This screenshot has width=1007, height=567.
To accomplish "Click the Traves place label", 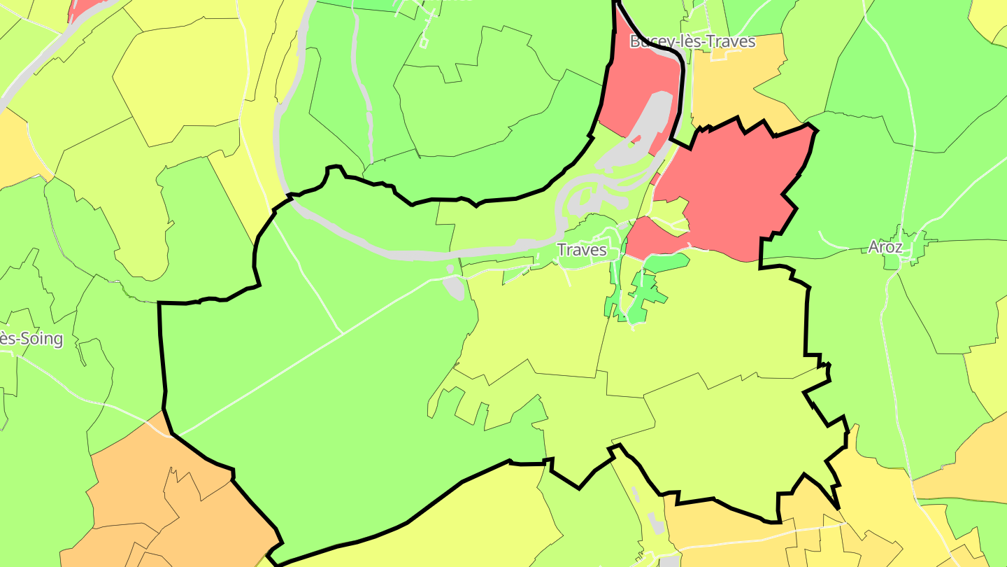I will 582,250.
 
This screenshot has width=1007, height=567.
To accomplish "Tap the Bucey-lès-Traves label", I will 692,41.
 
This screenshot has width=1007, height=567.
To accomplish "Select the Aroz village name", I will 885,246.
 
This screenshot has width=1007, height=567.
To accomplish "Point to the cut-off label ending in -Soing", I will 31,339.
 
